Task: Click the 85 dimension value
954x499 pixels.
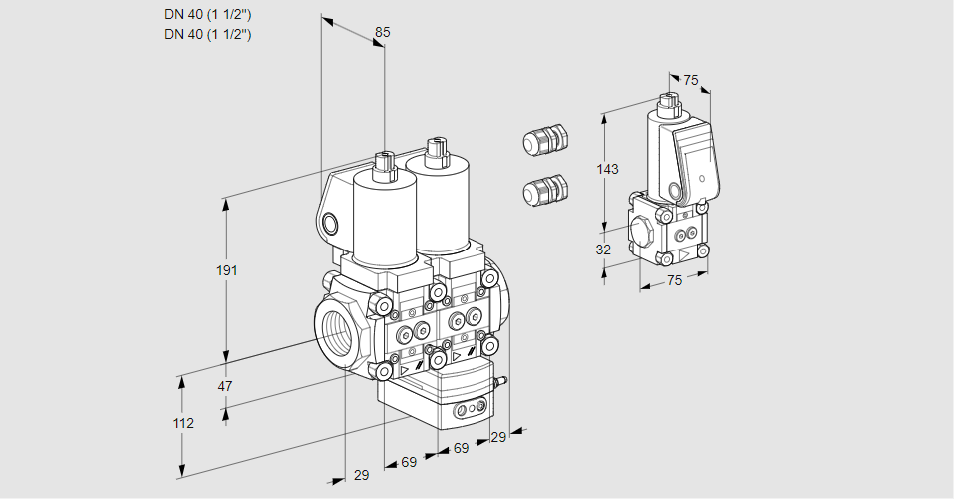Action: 382,32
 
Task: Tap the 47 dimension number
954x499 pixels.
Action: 225,386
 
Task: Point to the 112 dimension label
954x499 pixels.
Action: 182,423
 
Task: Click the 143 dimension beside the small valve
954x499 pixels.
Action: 607,169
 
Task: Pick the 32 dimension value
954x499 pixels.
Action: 603,249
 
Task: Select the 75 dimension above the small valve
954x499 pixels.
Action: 692,81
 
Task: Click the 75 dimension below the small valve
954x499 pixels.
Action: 674,280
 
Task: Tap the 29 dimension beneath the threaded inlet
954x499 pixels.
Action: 361,475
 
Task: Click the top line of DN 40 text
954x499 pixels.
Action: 207,14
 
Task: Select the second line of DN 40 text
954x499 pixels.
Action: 207,34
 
